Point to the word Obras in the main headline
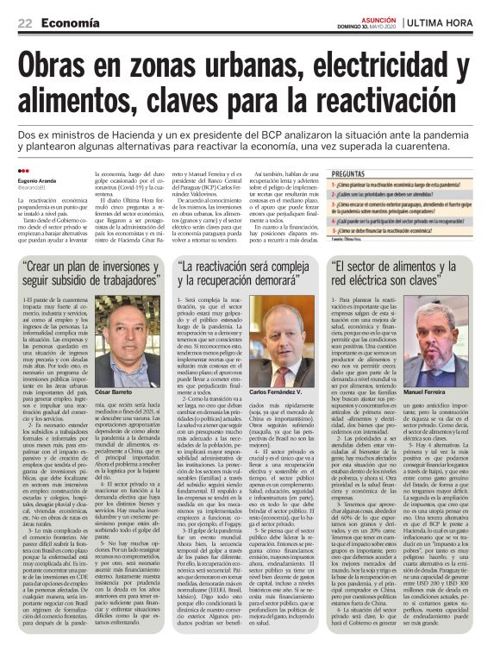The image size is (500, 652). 67,66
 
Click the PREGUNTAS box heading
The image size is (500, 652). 354,173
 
